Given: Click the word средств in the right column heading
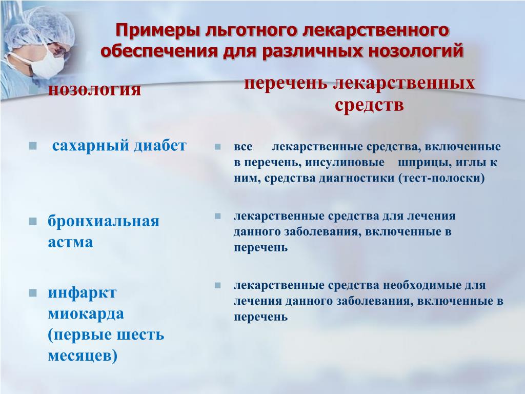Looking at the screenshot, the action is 369,105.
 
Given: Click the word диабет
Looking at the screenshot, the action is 160,146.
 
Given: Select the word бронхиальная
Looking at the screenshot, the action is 104,221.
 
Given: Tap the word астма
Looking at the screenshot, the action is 70,242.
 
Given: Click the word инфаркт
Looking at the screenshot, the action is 82,292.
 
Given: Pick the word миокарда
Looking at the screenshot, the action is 86,313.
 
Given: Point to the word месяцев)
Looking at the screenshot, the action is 83,355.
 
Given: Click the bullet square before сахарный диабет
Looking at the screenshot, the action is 33,146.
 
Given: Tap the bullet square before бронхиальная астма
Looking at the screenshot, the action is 33,222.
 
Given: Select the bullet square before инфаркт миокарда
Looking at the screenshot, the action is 33,293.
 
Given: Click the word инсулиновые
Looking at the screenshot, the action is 345,163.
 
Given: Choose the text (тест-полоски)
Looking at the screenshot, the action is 441,178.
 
